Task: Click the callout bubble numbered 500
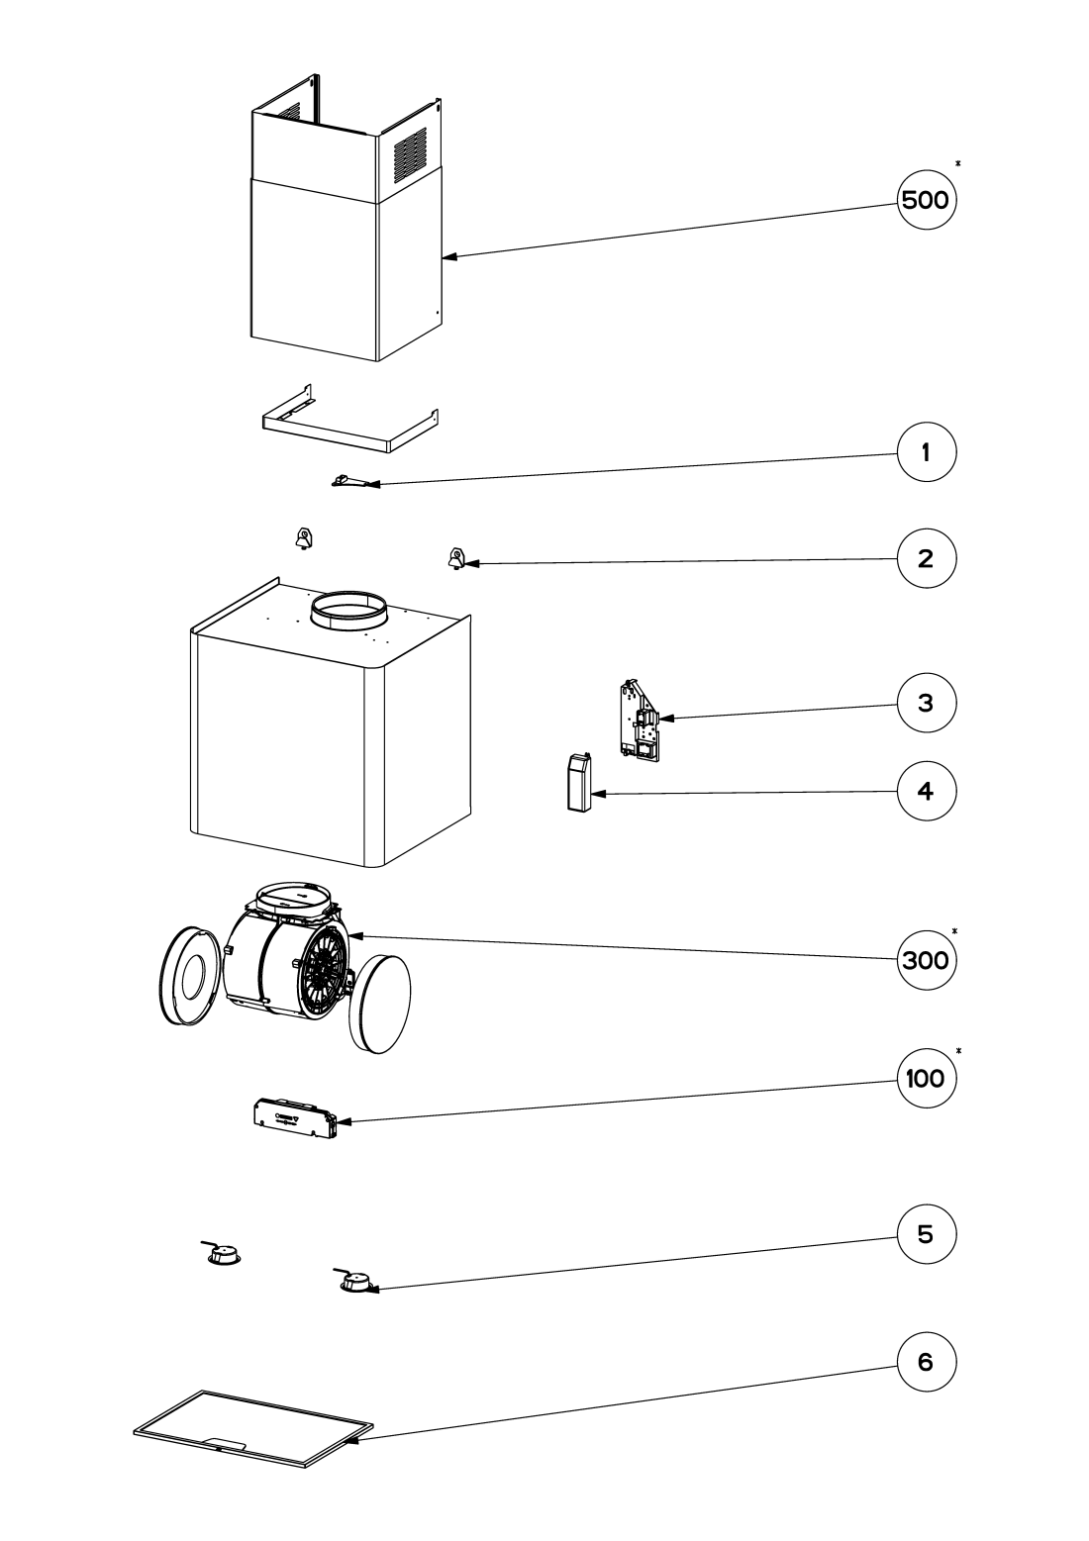(x=926, y=200)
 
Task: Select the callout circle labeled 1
(x=926, y=452)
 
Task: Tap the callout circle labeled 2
(x=926, y=558)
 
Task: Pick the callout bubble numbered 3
(x=926, y=703)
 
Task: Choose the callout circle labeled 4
(x=926, y=791)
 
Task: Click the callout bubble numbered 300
(x=926, y=960)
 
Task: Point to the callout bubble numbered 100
(x=926, y=1078)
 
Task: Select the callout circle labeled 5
(x=926, y=1234)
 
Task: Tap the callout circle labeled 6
(x=926, y=1362)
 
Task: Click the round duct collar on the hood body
(x=348, y=610)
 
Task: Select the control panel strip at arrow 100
(x=296, y=1118)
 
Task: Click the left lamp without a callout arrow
(x=222, y=1253)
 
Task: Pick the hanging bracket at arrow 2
(x=455, y=558)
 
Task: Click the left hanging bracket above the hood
(x=303, y=538)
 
